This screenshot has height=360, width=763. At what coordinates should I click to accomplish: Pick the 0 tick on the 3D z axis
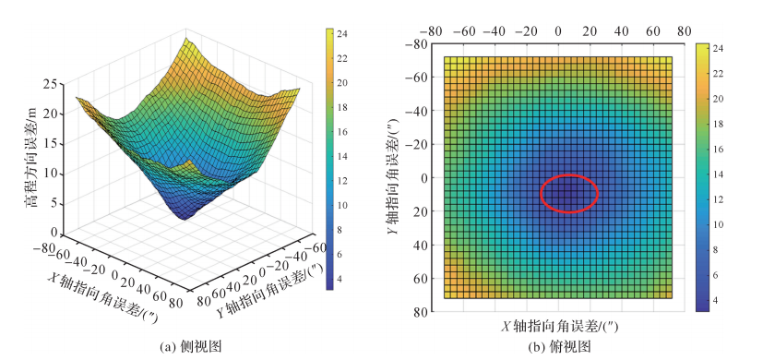pos(58,233)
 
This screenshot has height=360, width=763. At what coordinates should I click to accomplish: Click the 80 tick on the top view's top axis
pos(684,30)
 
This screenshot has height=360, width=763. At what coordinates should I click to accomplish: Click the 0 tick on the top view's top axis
pos(557,30)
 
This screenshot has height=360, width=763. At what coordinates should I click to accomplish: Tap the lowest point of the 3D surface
pos(185,218)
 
